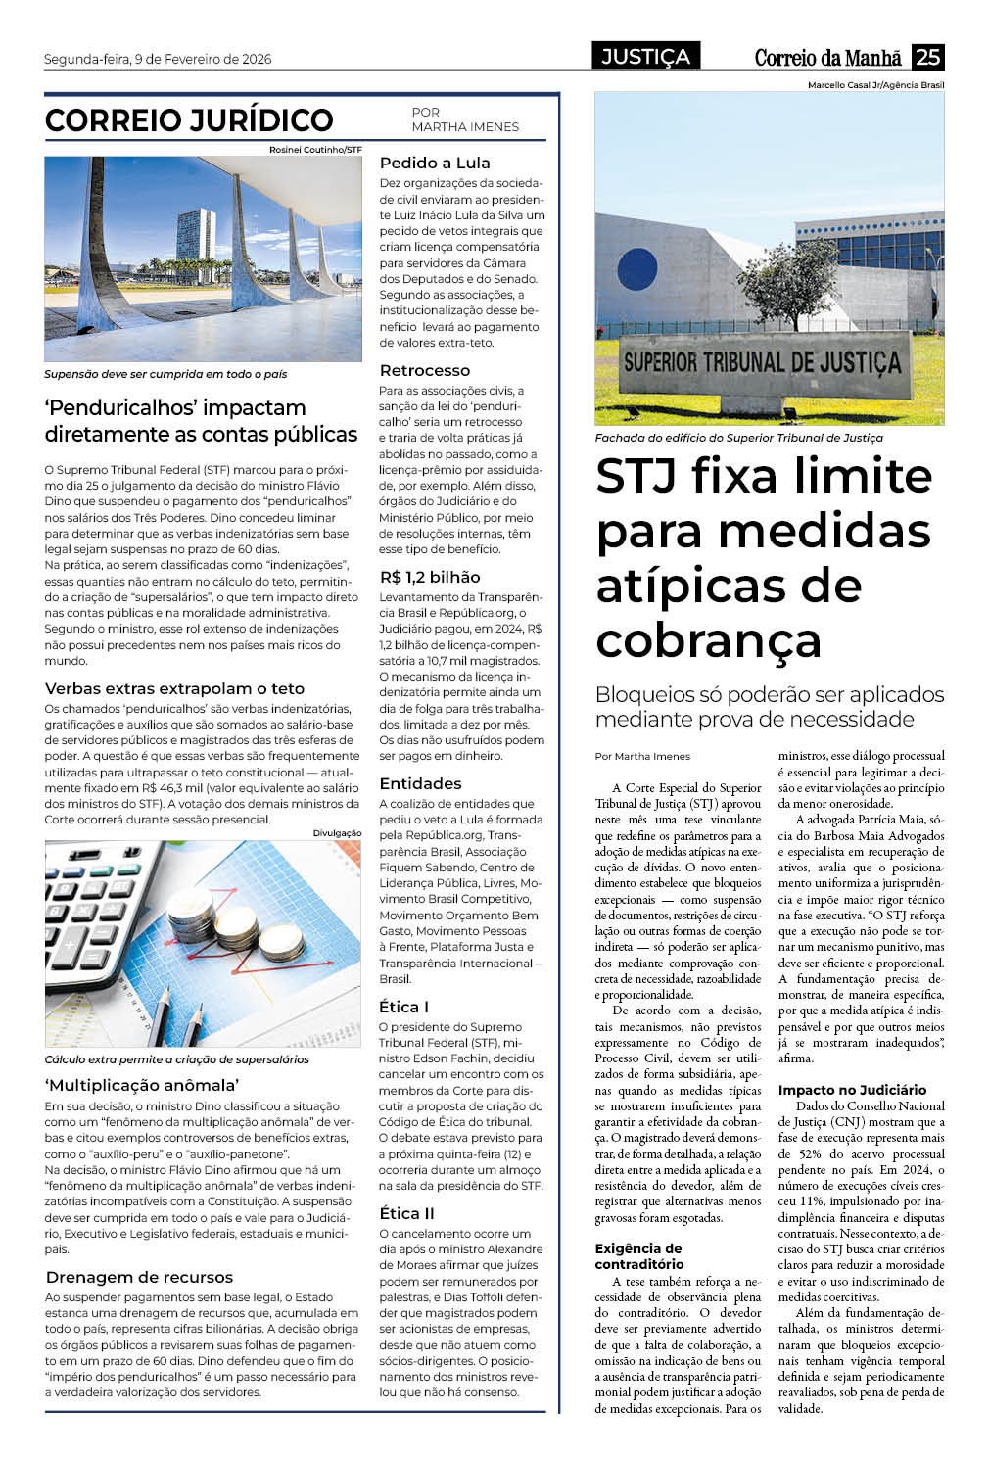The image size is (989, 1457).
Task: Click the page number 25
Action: click(927, 57)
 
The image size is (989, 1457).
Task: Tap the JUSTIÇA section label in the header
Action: click(645, 57)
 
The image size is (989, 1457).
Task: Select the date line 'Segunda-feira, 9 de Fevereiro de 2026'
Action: click(158, 59)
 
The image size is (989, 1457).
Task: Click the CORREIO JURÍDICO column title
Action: click(189, 120)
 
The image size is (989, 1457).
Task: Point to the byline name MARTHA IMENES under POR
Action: click(465, 127)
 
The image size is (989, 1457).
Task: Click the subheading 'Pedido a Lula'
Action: click(435, 164)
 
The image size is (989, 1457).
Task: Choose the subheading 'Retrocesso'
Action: click(425, 371)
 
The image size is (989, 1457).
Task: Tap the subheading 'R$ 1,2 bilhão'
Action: click(430, 578)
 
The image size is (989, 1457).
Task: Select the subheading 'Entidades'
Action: click(420, 784)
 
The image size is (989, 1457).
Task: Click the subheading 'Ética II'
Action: click(406, 1214)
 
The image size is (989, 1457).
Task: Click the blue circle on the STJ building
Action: click(637, 269)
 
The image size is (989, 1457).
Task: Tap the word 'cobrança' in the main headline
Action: click(708, 640)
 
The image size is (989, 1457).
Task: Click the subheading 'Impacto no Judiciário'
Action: click(852, 1090)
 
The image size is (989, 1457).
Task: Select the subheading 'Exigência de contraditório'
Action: click(638, 1256)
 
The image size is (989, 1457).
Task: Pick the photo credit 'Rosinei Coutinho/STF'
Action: click(315, 150)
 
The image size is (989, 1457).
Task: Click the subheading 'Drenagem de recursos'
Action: click(139, 1278)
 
